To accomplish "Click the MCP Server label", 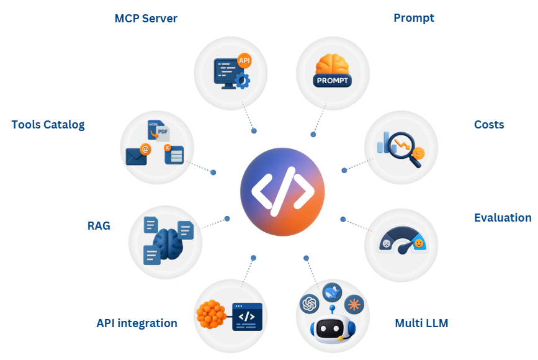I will click(x=146, y=19).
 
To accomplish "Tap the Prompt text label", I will click(x=414, y=18).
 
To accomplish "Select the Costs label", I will click(x=489, y=125).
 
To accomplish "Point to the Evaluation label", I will click(x=503, y=218).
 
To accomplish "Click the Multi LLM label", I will click(x=421, y=323).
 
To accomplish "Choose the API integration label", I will click(x=137, y=323).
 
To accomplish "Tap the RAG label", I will click(x=99, y=226).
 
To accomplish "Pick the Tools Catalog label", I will click(x=48, y=125).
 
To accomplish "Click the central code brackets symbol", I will click(x=282, y=191).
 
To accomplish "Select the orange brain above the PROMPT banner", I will click(x=333, y=65).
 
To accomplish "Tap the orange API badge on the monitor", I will click(x=244, y=60).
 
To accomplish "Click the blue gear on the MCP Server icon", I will click(x=243, y=80).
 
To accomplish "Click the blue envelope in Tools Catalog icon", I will click(x=137, y=156).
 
